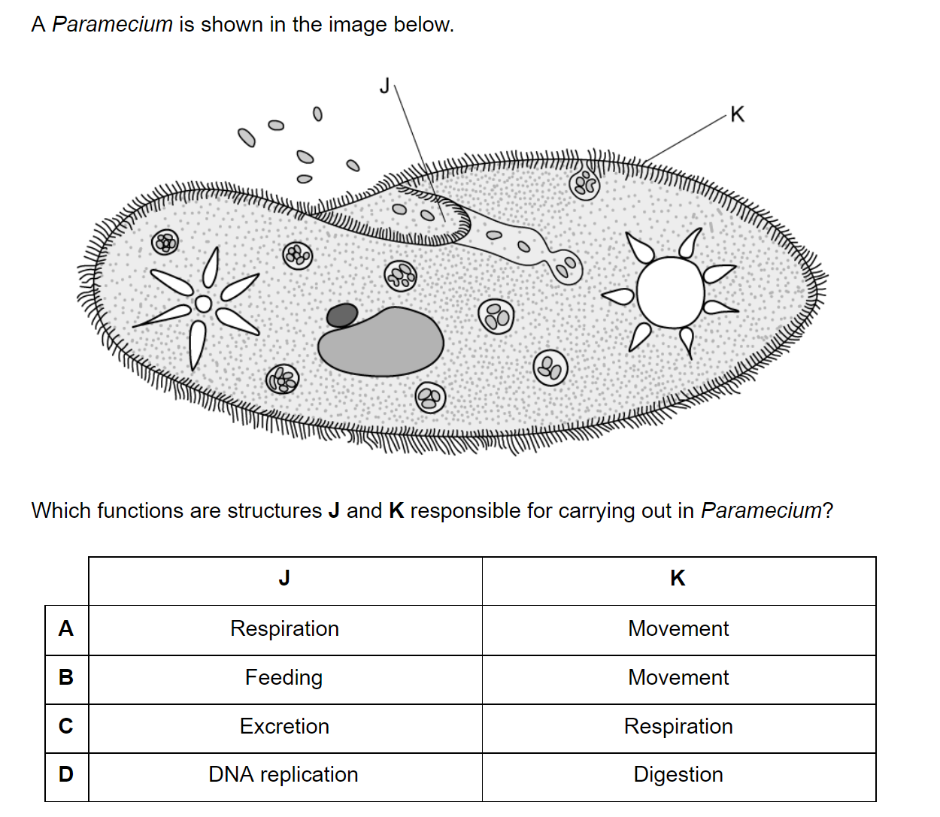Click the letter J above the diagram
(x=385, y=86)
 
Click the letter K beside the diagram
(x=737, y=114)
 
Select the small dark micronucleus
(x=342, y=315)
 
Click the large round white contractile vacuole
(x=669, y=292)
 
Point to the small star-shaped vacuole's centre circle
(x=203, y=304)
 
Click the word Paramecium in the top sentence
(x=112, y=24)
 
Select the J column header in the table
(x=284, y=578)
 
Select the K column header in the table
(x=678, y=578)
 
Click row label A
(x=66, y=628)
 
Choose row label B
(x=66, y=677)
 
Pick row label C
(x=66, y=726)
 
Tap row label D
(x=66, y=774)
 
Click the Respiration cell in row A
(x=284, y=628)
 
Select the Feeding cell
(x=284, y=677)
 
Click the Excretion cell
(x=284, y=726)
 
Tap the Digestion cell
(x=678, y=774)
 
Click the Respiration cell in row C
(x=678, y=726)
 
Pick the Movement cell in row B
(x=678, y=677)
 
